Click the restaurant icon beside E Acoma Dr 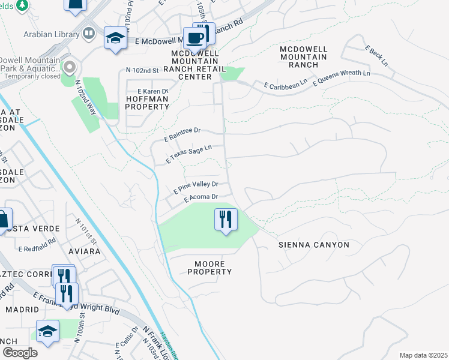(x=226, y=220)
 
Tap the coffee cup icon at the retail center (x=196, y=38)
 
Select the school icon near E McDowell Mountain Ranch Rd (x=114, y=38)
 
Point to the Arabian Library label (x=52, y=33)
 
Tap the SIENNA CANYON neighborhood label (x=313, y=245)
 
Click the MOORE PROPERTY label (x=209, y=268)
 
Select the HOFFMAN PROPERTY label (x=147, y=103)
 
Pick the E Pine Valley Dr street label (x=196, y=187)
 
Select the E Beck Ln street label (x=377, y=55)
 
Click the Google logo (x=20, y=353)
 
